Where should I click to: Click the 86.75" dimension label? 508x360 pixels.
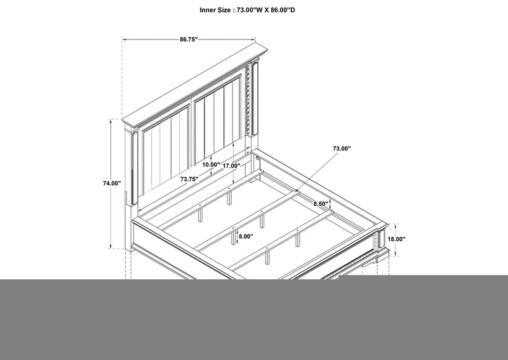point(189,39)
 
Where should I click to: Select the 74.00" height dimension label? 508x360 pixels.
point(112,183)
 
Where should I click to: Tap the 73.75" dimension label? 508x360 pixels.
point(189,179)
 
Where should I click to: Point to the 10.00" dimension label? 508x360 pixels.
point(211,164)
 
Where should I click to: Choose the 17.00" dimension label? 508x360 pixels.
point(231,166)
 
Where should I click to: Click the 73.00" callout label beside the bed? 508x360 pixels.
point(342,149)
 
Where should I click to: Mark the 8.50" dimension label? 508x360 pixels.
point(321,204)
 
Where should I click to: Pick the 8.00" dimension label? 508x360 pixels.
point(246,237)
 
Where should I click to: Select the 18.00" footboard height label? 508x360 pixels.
point(396,239)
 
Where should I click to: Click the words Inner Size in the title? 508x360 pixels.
point(215,10)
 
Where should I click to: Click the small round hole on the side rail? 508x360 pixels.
point(258,159)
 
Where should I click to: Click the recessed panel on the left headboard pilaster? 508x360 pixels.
point(135,168)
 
